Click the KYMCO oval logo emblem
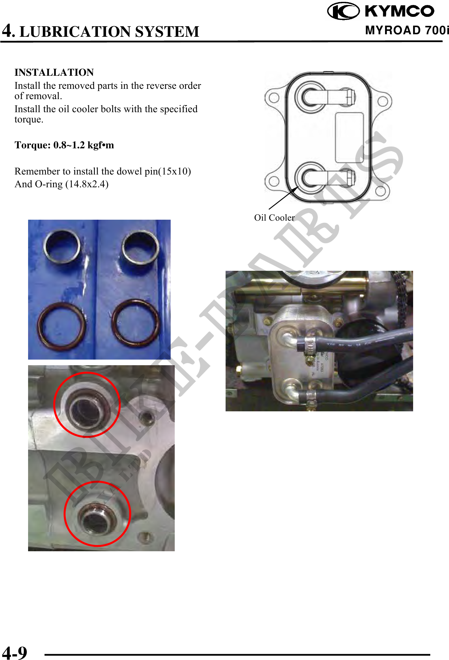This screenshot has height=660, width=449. point(343,11)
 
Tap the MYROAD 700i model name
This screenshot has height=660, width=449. point(407,30)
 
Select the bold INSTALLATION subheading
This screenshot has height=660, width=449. point(54,72)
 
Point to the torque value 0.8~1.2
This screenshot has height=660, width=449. point(69,145)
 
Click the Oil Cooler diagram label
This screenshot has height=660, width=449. point(274,218)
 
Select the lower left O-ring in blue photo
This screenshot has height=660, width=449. point(61,325)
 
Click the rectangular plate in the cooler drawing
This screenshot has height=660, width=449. point(349,138)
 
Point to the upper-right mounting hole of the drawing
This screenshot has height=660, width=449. point(383,101)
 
